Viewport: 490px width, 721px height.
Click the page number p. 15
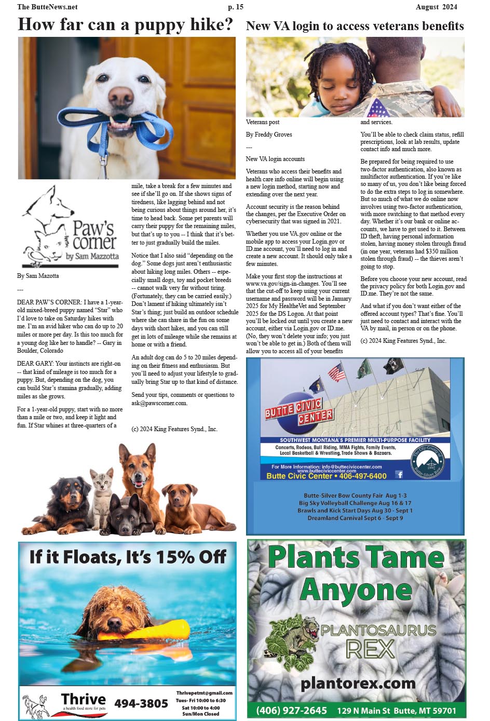235,7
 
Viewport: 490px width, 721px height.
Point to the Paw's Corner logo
70,228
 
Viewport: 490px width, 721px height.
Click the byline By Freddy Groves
268,135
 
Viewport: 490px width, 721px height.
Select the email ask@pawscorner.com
159,403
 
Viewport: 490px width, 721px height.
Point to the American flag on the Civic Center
337,372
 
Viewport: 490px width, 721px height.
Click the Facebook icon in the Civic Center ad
399,474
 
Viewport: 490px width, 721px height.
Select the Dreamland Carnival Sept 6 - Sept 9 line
355,518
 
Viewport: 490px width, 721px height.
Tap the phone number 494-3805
141,703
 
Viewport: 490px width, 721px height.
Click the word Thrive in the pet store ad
83,699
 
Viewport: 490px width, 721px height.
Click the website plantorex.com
358,683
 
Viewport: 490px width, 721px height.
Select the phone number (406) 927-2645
291,710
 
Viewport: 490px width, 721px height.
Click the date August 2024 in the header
436,7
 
